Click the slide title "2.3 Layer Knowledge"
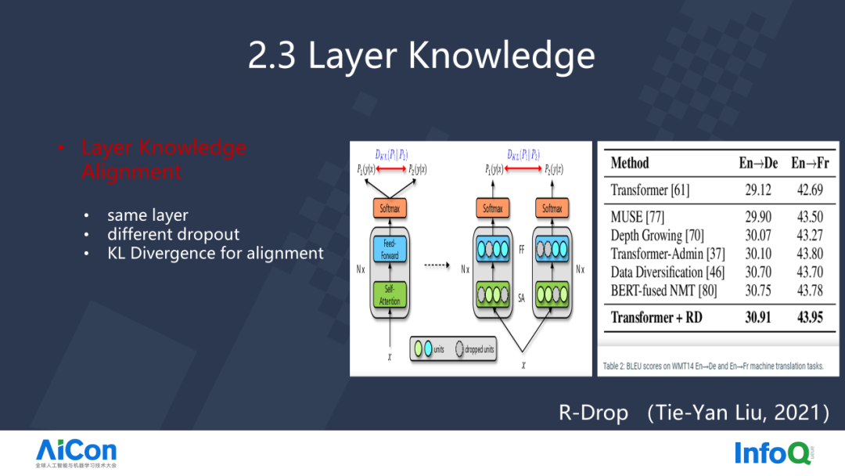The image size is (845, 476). tap(422, 56)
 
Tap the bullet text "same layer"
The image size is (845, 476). tap(148, 215)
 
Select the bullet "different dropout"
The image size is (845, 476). tap(174, 234)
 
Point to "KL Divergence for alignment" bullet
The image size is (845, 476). tap(215, 253)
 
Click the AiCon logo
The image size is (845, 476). tap(76, 450)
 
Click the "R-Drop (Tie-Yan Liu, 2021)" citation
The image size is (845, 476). tap(693, 413)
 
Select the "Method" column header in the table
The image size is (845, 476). tap(630, 163)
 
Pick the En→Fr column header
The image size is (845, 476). tap(810, 163)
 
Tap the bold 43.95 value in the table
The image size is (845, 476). tap(811, 317)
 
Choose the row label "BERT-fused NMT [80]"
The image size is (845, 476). tap(664, 290)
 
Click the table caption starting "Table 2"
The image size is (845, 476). tap(713, 366)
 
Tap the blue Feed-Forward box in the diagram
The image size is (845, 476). tap(390, 250)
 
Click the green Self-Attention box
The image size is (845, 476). tap(390, 296)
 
